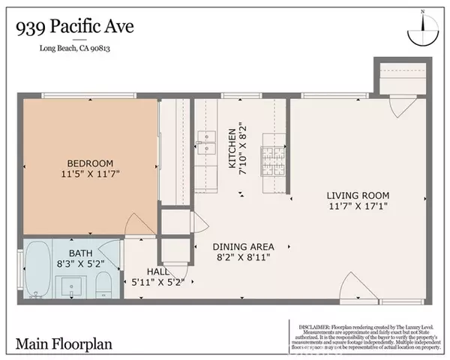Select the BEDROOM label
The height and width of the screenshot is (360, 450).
[x=90, y=163]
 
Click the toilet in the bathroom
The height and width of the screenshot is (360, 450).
[x=104, y=283]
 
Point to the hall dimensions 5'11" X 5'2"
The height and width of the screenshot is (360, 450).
[x=158, y=282]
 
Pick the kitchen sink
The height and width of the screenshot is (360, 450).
[x=202, y=140]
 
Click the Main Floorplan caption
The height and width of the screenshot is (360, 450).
[x=58, y=344]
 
